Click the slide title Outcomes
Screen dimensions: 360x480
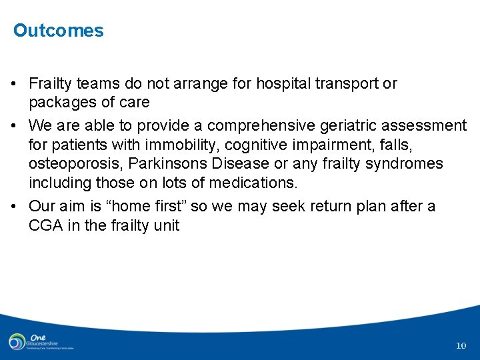pos(59,31)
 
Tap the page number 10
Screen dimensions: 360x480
pos(461,345)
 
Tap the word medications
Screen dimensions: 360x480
pos(251,183)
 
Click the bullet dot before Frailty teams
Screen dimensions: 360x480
pos(14,85)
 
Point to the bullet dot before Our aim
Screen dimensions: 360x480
pos(14,207)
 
